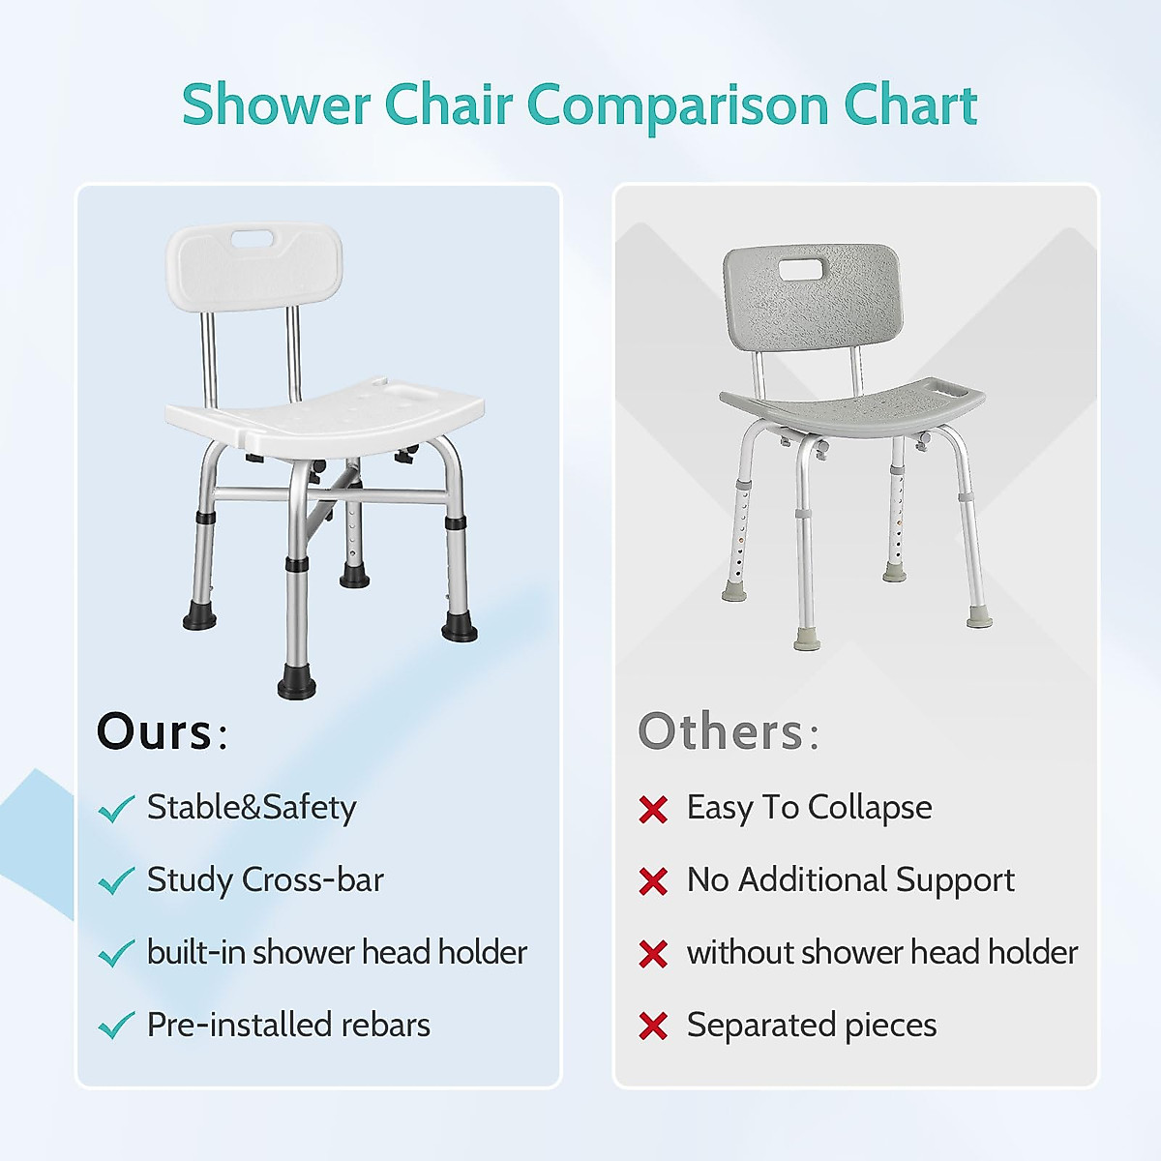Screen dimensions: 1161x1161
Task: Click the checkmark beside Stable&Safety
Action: pyautogui.click(x=116, y=809)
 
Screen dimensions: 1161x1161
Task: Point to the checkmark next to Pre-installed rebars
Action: pyautogui.click(x=116, y=1026)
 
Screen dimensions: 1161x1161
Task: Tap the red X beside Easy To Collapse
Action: pyautogui.click(x=653, y=809)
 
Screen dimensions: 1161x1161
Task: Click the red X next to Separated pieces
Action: pyautogui.click(x=653, y=1027)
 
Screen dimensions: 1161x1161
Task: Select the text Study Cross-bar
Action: pyautogui.click(x=265, y=880)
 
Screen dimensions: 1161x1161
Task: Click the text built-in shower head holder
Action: pyautogui.click(x=337, y=952)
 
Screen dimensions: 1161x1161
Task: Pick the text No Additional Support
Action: pyautogui.click(x=850, y=880)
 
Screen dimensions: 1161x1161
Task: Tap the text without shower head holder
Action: pyautogui.click(x=882, y=952)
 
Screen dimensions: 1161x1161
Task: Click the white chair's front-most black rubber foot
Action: pyautogui.click(x=297, y=684)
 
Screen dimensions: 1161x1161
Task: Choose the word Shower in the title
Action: pyautogui.click(x=276, y=105)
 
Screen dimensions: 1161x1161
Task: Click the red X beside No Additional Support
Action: pyautogui.click(x=653, y=881)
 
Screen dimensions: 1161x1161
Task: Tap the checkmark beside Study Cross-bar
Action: pyautogui.click(x=116, y=880)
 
